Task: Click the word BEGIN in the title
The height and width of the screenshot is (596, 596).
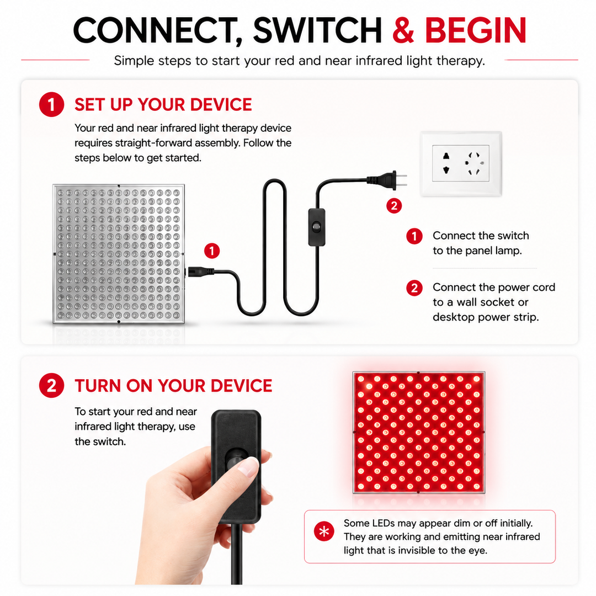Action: (x=475, y=30)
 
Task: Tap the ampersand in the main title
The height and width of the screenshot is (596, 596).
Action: (x=403, y=30)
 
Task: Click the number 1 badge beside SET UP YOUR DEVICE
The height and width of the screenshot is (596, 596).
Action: (x=51, y=104)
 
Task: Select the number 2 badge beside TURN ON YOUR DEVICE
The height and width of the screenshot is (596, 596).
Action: (x=51, y=385)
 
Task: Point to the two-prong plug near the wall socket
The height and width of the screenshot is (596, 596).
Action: (x=387, y=180)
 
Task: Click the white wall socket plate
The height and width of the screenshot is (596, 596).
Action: (x=461, y=163)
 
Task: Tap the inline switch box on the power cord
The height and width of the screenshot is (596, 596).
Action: (x=317, y=227)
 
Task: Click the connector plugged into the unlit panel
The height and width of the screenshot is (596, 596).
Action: (x=200, y=272)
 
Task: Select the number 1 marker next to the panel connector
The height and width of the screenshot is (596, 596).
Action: (x=212, y=251)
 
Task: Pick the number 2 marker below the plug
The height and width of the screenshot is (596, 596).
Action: (x=394, y=206)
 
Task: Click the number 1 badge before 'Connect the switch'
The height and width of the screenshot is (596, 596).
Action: (x=414, y=236)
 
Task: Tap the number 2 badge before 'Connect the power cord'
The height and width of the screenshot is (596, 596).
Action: (x=414, y=288)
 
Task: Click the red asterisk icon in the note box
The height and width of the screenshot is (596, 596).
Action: (x=324, y=531)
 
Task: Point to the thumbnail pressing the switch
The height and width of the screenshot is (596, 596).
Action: (x=248, y=467)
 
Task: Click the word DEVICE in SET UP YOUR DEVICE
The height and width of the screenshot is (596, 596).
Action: (x=221, y=104)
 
